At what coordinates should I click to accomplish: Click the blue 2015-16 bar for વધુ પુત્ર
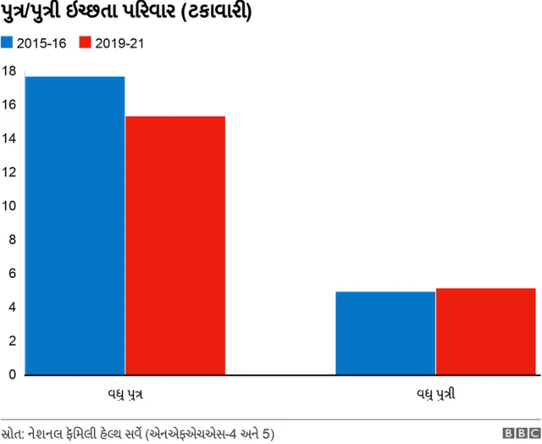(x=75, y=225)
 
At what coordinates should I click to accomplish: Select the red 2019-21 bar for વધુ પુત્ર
(x=175, y=245)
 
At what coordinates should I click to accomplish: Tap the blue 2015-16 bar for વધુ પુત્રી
(x=385, y=333)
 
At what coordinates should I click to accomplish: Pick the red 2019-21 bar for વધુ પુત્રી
(x=486, y=331)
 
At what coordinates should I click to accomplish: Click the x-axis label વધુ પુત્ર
(x=124, y=394)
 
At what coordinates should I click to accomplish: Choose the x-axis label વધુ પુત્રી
(x=436, y=394)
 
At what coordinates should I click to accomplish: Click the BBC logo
(x=519, y=432)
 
